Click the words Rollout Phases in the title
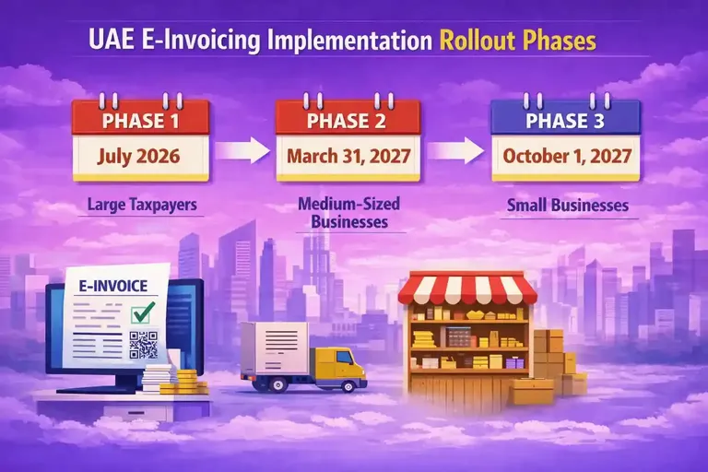[x=517, y=41]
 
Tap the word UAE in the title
[x=112, y=41]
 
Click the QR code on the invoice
[x=144, y=343]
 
